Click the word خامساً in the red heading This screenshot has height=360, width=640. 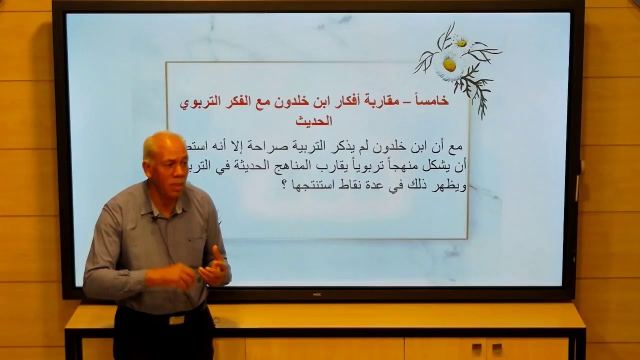(433, 102)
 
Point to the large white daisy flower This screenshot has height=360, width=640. (448, 65)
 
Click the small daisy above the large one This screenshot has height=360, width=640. (461, 42)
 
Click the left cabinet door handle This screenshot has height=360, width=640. (476, 348)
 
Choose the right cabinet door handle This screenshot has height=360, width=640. (496, 348)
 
